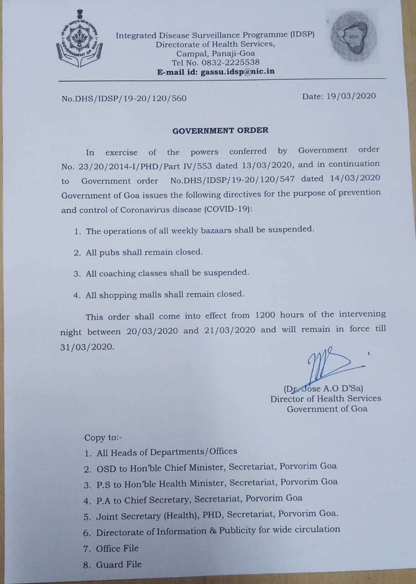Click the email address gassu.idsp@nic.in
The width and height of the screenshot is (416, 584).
pyautogui.click(x=237, y=72)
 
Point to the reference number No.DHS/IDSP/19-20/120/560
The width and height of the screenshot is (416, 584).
pyautogui.click(x=124, y=98)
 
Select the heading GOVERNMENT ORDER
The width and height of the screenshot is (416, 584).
pyautogui.click(x=220, y=130)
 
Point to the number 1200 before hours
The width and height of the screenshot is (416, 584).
pyautogui.click(x=266, y=315)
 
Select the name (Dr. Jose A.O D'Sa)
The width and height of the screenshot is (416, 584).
pyautogui.click(x=323, y=389)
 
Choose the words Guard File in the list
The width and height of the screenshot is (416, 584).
pyautogui.click(x=118, y=565)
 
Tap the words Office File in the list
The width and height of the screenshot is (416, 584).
pyautogui.click(x=117, y=548)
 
